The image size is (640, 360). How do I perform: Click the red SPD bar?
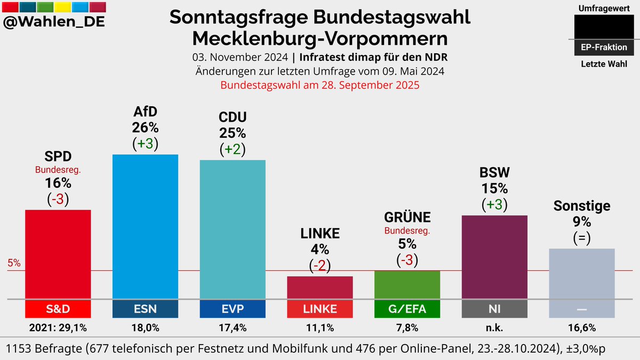coord(58,254)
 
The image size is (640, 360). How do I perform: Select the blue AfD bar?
coord(145,227)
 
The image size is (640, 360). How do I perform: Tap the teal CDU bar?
coord(233,229)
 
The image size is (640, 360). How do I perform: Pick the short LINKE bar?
coord(320,287)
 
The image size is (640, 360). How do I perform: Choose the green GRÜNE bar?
coord(407,285)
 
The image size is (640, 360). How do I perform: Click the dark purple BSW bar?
coord(494,257)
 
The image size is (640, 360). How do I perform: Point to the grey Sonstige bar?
coord(582,274)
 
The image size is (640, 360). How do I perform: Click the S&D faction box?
coord(58,309)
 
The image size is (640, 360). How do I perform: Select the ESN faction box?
coord(145,309)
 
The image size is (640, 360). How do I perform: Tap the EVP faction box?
coord(233,309)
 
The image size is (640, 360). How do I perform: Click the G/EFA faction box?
coord(407,309)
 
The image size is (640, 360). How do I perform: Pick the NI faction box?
coord(494,309)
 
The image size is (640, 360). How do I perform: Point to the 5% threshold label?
coord(14,263)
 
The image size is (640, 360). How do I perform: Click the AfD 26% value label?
coord(145,128)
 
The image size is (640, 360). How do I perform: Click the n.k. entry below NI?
coord(494,327)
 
